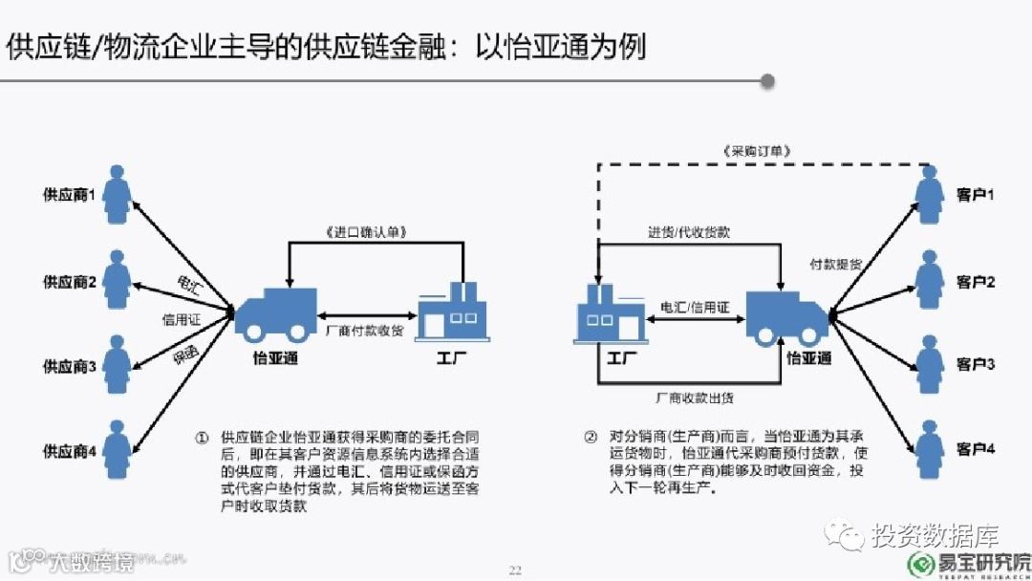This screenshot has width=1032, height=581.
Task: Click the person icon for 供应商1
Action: click(118, 195)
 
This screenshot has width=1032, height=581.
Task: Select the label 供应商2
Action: click(70, 282)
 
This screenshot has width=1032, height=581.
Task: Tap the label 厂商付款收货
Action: click(364, 330)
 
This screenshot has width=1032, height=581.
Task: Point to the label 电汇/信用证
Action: click(695, 308)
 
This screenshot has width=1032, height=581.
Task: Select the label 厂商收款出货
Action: click(696, 397)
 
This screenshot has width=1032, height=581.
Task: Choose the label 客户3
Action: click(976, 365)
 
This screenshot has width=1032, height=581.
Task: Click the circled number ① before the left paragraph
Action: click(202, 438)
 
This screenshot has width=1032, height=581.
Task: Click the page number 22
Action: click(515, 570)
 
